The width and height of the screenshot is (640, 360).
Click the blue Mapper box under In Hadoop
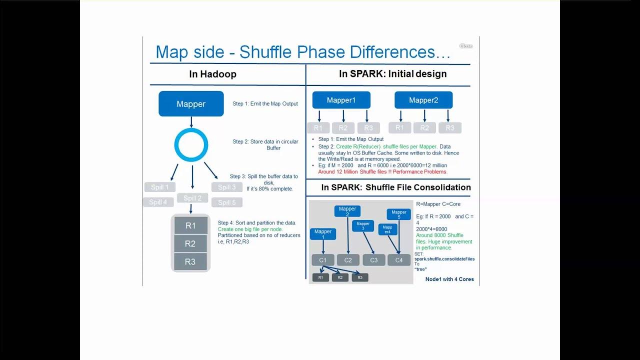pos(191,104)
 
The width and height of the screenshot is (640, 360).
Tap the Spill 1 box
pos(159,187)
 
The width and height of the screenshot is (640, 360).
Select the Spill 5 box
pos(226,202)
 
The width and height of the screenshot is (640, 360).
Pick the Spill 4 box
pos(157,202)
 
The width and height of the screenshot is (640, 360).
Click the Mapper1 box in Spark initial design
pos(341,100)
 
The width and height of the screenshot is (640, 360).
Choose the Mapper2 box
pos(423,100)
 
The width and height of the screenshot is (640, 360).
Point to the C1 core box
pos(323,260)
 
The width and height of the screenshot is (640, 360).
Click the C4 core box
pos(399,260)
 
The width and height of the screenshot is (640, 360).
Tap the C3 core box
pos(373,260)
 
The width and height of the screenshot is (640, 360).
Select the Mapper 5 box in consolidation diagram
pos(399,214)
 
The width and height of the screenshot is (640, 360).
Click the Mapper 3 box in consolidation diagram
pos(363,226)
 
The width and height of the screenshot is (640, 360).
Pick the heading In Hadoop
pos(212,74)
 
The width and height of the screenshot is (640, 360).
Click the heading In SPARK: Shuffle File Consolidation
pos(395,187)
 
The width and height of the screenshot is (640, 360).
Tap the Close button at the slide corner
pos(465,46)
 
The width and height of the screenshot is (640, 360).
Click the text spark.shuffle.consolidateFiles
pos(444,259)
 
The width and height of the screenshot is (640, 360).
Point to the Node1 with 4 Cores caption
pos(449,279)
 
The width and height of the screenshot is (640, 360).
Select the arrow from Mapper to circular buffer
pos(191,122)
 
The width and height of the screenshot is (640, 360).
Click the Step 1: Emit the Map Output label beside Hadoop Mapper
pos(265,104)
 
